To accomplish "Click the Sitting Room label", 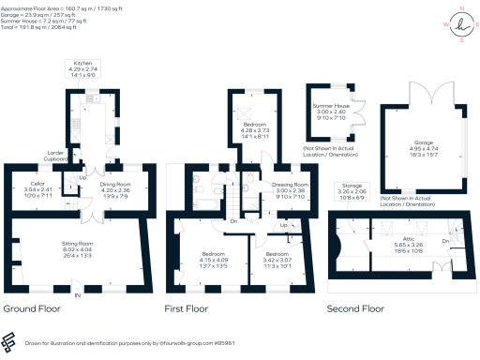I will click(78, 247).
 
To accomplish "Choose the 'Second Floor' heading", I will click(355, 307).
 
